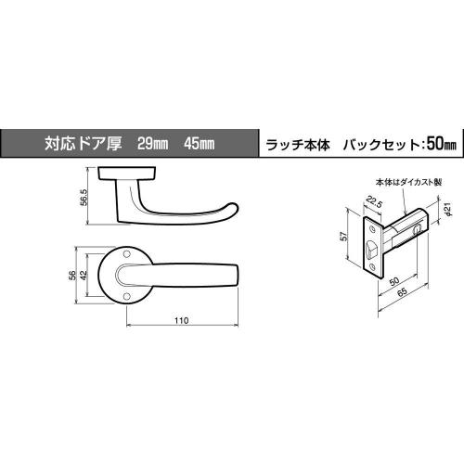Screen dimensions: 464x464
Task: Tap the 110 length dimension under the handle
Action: point(181,321)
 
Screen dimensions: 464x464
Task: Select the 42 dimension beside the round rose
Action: point(84,276)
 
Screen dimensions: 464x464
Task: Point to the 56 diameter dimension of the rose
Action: point(72,276)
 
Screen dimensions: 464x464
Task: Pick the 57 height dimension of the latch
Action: point(344,237)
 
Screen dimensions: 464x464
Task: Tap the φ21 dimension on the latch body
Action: point(448,210)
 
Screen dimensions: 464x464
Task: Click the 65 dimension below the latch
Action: point(402,292)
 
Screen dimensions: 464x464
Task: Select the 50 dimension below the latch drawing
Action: point(394,281)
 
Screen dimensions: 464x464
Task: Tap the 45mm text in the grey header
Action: point(199,144)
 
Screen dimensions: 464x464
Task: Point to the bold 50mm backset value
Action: point(442,144)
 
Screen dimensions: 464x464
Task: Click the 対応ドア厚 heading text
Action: point(83,144)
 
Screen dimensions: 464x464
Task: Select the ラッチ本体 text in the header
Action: point(298,145)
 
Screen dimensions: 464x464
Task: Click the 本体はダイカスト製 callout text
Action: point(408,182)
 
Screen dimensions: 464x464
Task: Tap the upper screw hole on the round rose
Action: point(126,253)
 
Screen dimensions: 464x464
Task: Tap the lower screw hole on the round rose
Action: point(125,297)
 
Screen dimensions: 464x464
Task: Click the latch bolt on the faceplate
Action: point(371,249)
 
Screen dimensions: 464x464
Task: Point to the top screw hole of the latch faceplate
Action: point(371,228)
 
